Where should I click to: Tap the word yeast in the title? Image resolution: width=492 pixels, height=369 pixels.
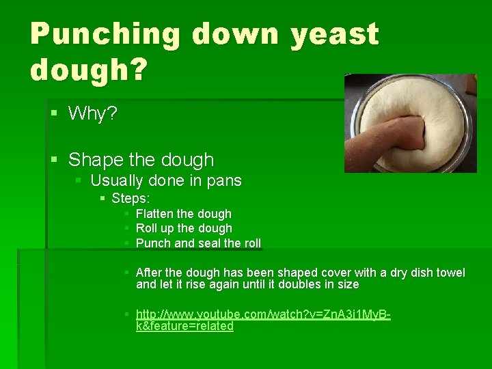pyautogui.click(x=334, y=33)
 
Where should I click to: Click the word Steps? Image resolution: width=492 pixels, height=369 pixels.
pyautogui.click(x=131, y=198)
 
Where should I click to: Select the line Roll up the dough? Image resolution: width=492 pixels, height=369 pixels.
pyautogui.click(x=184, y=228)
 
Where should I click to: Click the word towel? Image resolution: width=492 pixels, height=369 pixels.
pyautogui.click(x=450, y=273)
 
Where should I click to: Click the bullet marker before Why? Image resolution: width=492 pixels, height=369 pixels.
pyautogui.click(x=55, y=113)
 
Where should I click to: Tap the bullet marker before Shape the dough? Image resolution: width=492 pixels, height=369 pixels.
pyautogui.click(x=55, y=160)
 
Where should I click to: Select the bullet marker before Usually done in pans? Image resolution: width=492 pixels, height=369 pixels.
pyautogui.click(x=79, y=180)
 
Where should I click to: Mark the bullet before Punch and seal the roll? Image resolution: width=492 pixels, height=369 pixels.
pyautogui.click(x=127, y=243)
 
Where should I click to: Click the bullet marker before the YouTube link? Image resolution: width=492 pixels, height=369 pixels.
pyautogui.click(x=127, y=314)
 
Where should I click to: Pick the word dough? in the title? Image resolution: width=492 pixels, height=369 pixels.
pyautogui.click(x=87, y=69)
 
